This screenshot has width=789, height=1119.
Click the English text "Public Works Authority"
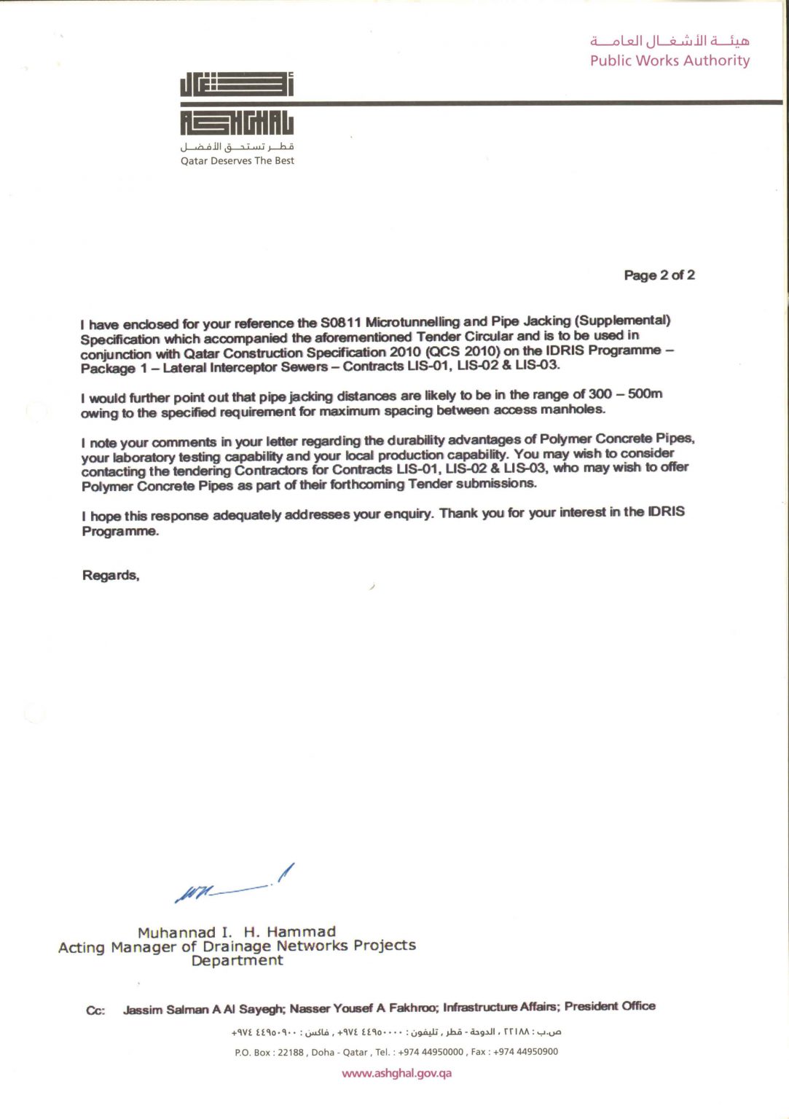670,60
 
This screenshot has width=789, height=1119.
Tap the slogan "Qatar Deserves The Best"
238,161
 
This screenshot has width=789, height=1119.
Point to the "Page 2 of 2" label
659,275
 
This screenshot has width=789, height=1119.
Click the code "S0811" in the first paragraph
340,323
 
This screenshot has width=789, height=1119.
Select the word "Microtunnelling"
412,322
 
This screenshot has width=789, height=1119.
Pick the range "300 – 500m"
625,394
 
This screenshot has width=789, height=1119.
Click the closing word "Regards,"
111,576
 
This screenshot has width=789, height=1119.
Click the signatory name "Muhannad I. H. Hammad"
237,932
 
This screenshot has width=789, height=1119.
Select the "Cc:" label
95,1010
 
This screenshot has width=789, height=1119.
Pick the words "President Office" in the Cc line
610,1006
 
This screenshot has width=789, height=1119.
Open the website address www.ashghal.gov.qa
396,1073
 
